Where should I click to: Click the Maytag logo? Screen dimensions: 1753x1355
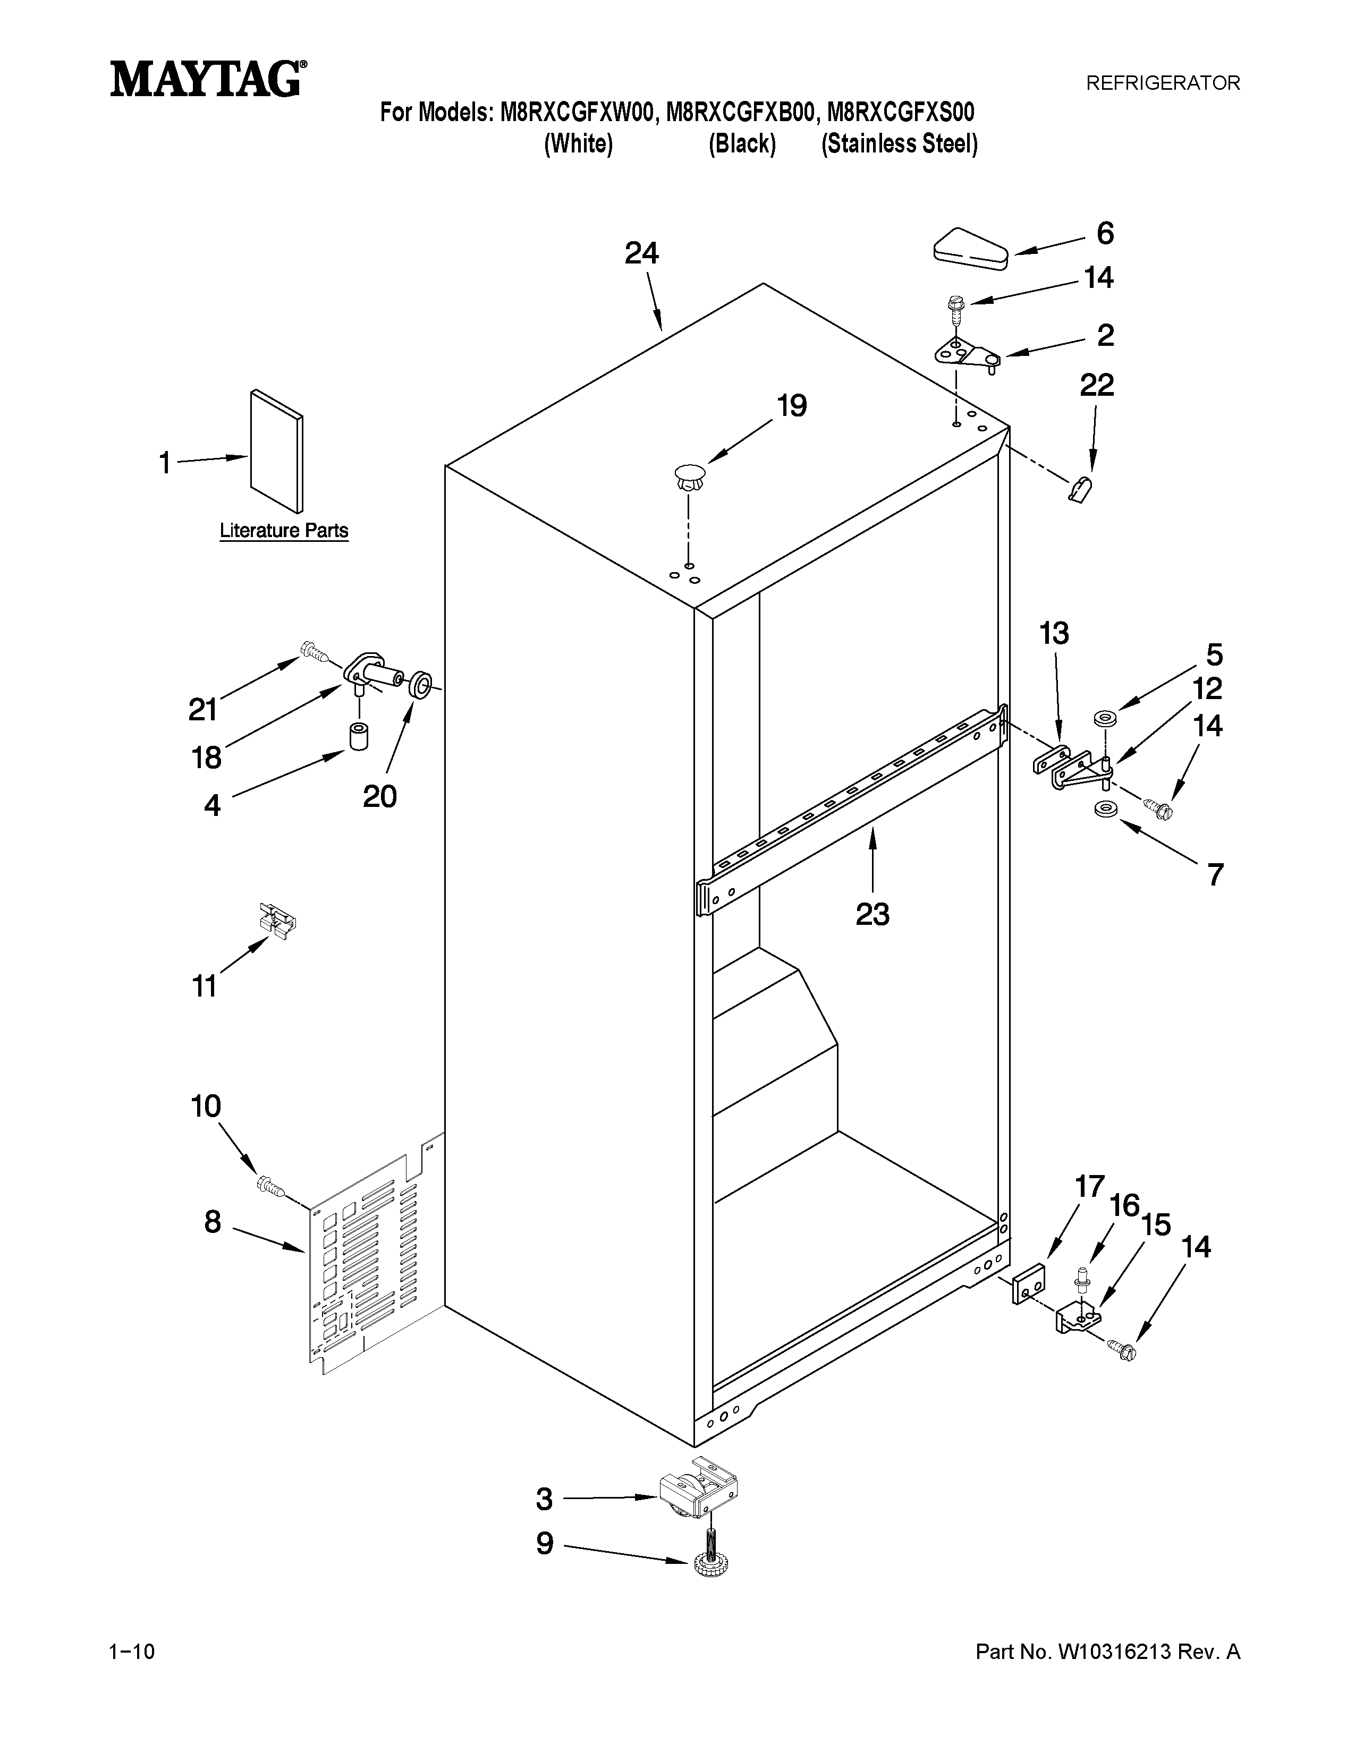(208, 80)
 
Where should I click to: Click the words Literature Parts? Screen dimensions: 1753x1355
(284, 531)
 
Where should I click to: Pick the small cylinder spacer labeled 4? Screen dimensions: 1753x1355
(358, 735)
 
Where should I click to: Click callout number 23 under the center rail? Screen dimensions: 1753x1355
(873, 914)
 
